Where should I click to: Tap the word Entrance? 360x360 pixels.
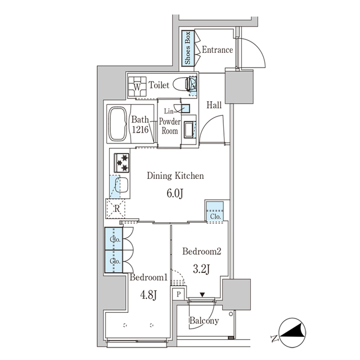tap(217, 50)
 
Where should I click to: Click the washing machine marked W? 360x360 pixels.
tap(137, 87)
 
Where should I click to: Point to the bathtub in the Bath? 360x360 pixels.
tap(118, 124)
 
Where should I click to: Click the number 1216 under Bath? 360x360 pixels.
tap(141, 130)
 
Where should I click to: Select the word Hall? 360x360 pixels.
tap(214, 105)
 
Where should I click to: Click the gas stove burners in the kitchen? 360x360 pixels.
tap(123, 163)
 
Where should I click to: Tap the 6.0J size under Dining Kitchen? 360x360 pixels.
tap(174, 193)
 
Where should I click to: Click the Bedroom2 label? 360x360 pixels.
tap(201, 252)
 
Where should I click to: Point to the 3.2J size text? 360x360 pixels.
tap(201, 269)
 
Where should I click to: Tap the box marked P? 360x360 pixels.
tap(178, 294)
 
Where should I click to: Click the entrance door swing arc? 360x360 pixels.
tap(250, 55)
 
